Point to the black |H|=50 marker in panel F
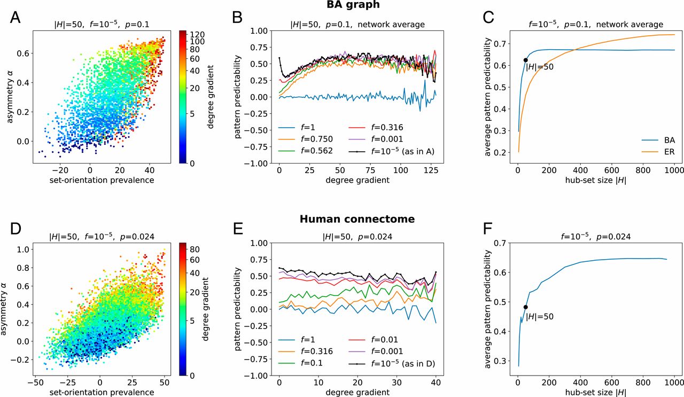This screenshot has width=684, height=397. (x=525, y=307)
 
